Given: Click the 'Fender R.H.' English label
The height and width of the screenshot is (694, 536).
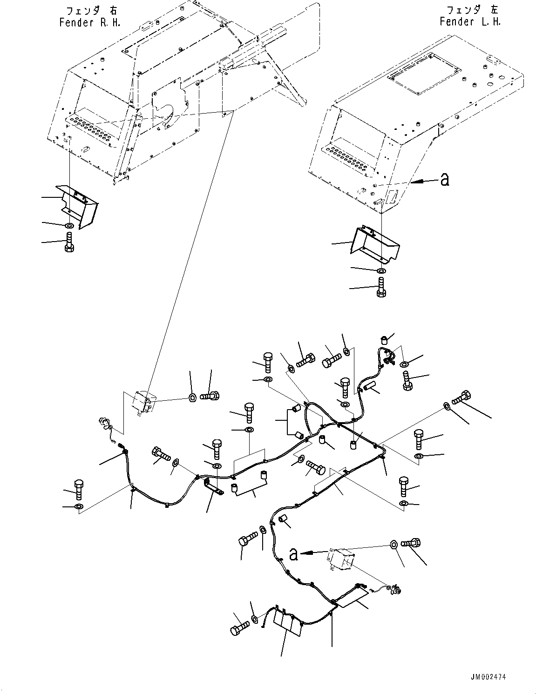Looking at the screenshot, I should (89, 23).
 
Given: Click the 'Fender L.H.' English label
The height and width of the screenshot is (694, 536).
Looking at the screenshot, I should (470, 22).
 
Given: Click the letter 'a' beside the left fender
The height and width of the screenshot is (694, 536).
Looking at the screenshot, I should (445, 180).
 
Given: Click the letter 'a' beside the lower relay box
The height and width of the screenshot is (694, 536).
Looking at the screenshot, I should (293, 554).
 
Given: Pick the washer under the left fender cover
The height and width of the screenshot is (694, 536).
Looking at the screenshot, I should (380, 271).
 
